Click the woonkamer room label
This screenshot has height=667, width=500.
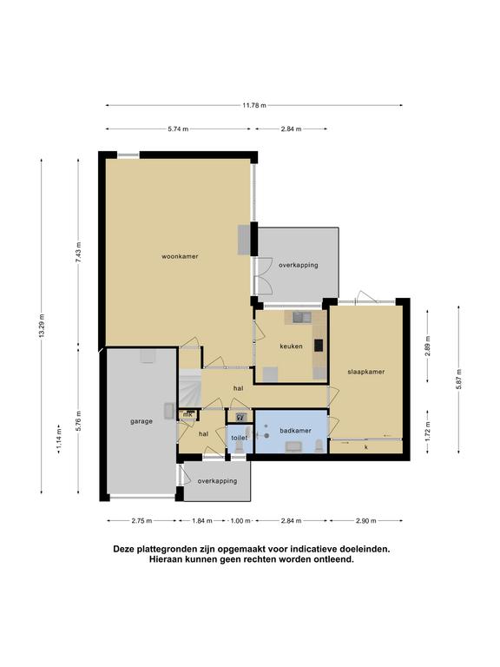point(180,256)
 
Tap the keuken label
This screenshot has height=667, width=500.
point(292,347)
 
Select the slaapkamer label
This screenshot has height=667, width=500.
point(366,372)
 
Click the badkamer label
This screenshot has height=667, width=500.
point(295,431)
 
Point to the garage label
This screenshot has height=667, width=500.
point(141,421)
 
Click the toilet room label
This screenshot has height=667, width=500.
point(240,438)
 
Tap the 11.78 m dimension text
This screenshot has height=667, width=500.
point(254,105)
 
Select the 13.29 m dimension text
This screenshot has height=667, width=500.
point(42,326)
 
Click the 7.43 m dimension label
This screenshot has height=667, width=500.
point(78,253)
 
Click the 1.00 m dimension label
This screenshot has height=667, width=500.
point(240,521)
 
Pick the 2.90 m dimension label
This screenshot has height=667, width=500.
point(366,521)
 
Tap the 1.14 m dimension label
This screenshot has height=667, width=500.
point(59,439)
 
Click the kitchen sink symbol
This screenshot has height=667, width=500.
point(301,317)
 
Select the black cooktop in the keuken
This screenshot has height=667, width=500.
point(319,345)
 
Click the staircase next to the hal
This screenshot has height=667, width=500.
point(188,388)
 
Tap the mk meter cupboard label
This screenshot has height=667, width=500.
point(187,414)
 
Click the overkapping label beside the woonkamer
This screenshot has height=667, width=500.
point(299,265)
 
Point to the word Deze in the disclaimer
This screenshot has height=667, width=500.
point(122,549)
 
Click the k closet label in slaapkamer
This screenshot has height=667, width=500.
point(366,447)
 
